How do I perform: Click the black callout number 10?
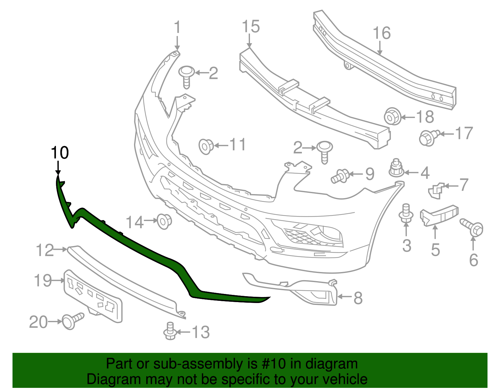[x=60, y=153]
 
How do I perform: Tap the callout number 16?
[x=382, y=33]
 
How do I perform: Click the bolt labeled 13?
[x=170, y=331]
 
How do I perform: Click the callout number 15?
[x=251, y=27]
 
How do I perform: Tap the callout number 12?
[x=45, y=250]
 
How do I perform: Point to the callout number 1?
[x=177, y=27]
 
